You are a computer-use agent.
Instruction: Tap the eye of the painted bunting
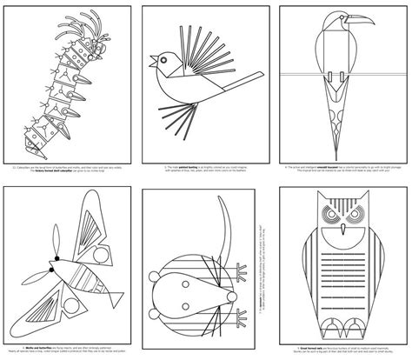click(164, 58)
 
